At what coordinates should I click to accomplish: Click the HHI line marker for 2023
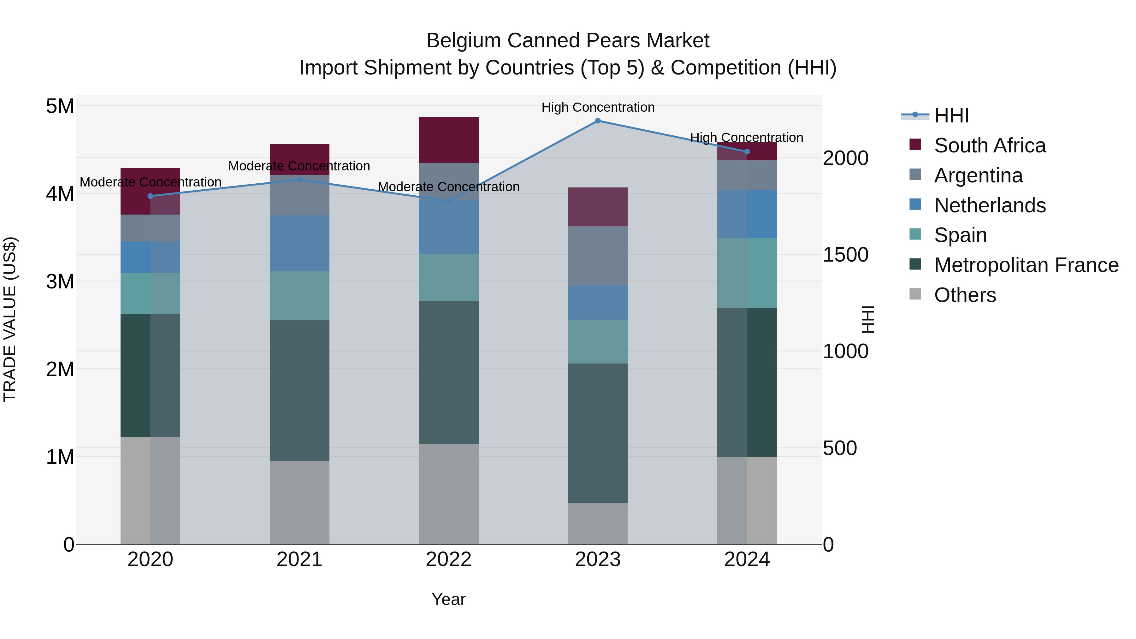(x=598, y=121)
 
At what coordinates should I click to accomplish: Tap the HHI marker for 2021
(x=299, y=180)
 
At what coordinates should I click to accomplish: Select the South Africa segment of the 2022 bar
(x=448, y=140)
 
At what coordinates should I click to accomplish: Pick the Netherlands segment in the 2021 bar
(x=299, y=243)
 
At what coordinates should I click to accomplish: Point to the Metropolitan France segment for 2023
(x=598, y=433)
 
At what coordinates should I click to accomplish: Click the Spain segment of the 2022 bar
(x=448, y=277)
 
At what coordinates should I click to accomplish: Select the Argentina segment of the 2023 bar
(x=598, y=256)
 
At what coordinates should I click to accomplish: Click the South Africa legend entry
(x=989, y=145)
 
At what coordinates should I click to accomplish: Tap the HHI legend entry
(x=951, y=115)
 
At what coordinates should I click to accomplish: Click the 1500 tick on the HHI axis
(x=845, y=255)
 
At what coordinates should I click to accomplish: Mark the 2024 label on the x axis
(x=747, y=559)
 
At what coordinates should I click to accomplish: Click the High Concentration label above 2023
(x=598, y=107)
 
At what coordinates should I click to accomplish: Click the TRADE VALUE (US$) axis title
(x=10, y=319)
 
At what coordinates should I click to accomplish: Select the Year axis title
(x=448, y=599)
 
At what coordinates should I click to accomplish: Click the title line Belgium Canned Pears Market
(x=568, y=41)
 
